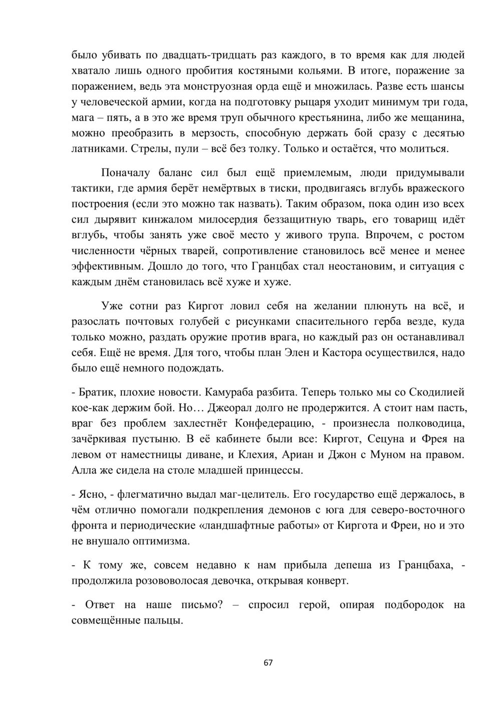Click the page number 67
pos(268,662)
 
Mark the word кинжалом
pos(148,220)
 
